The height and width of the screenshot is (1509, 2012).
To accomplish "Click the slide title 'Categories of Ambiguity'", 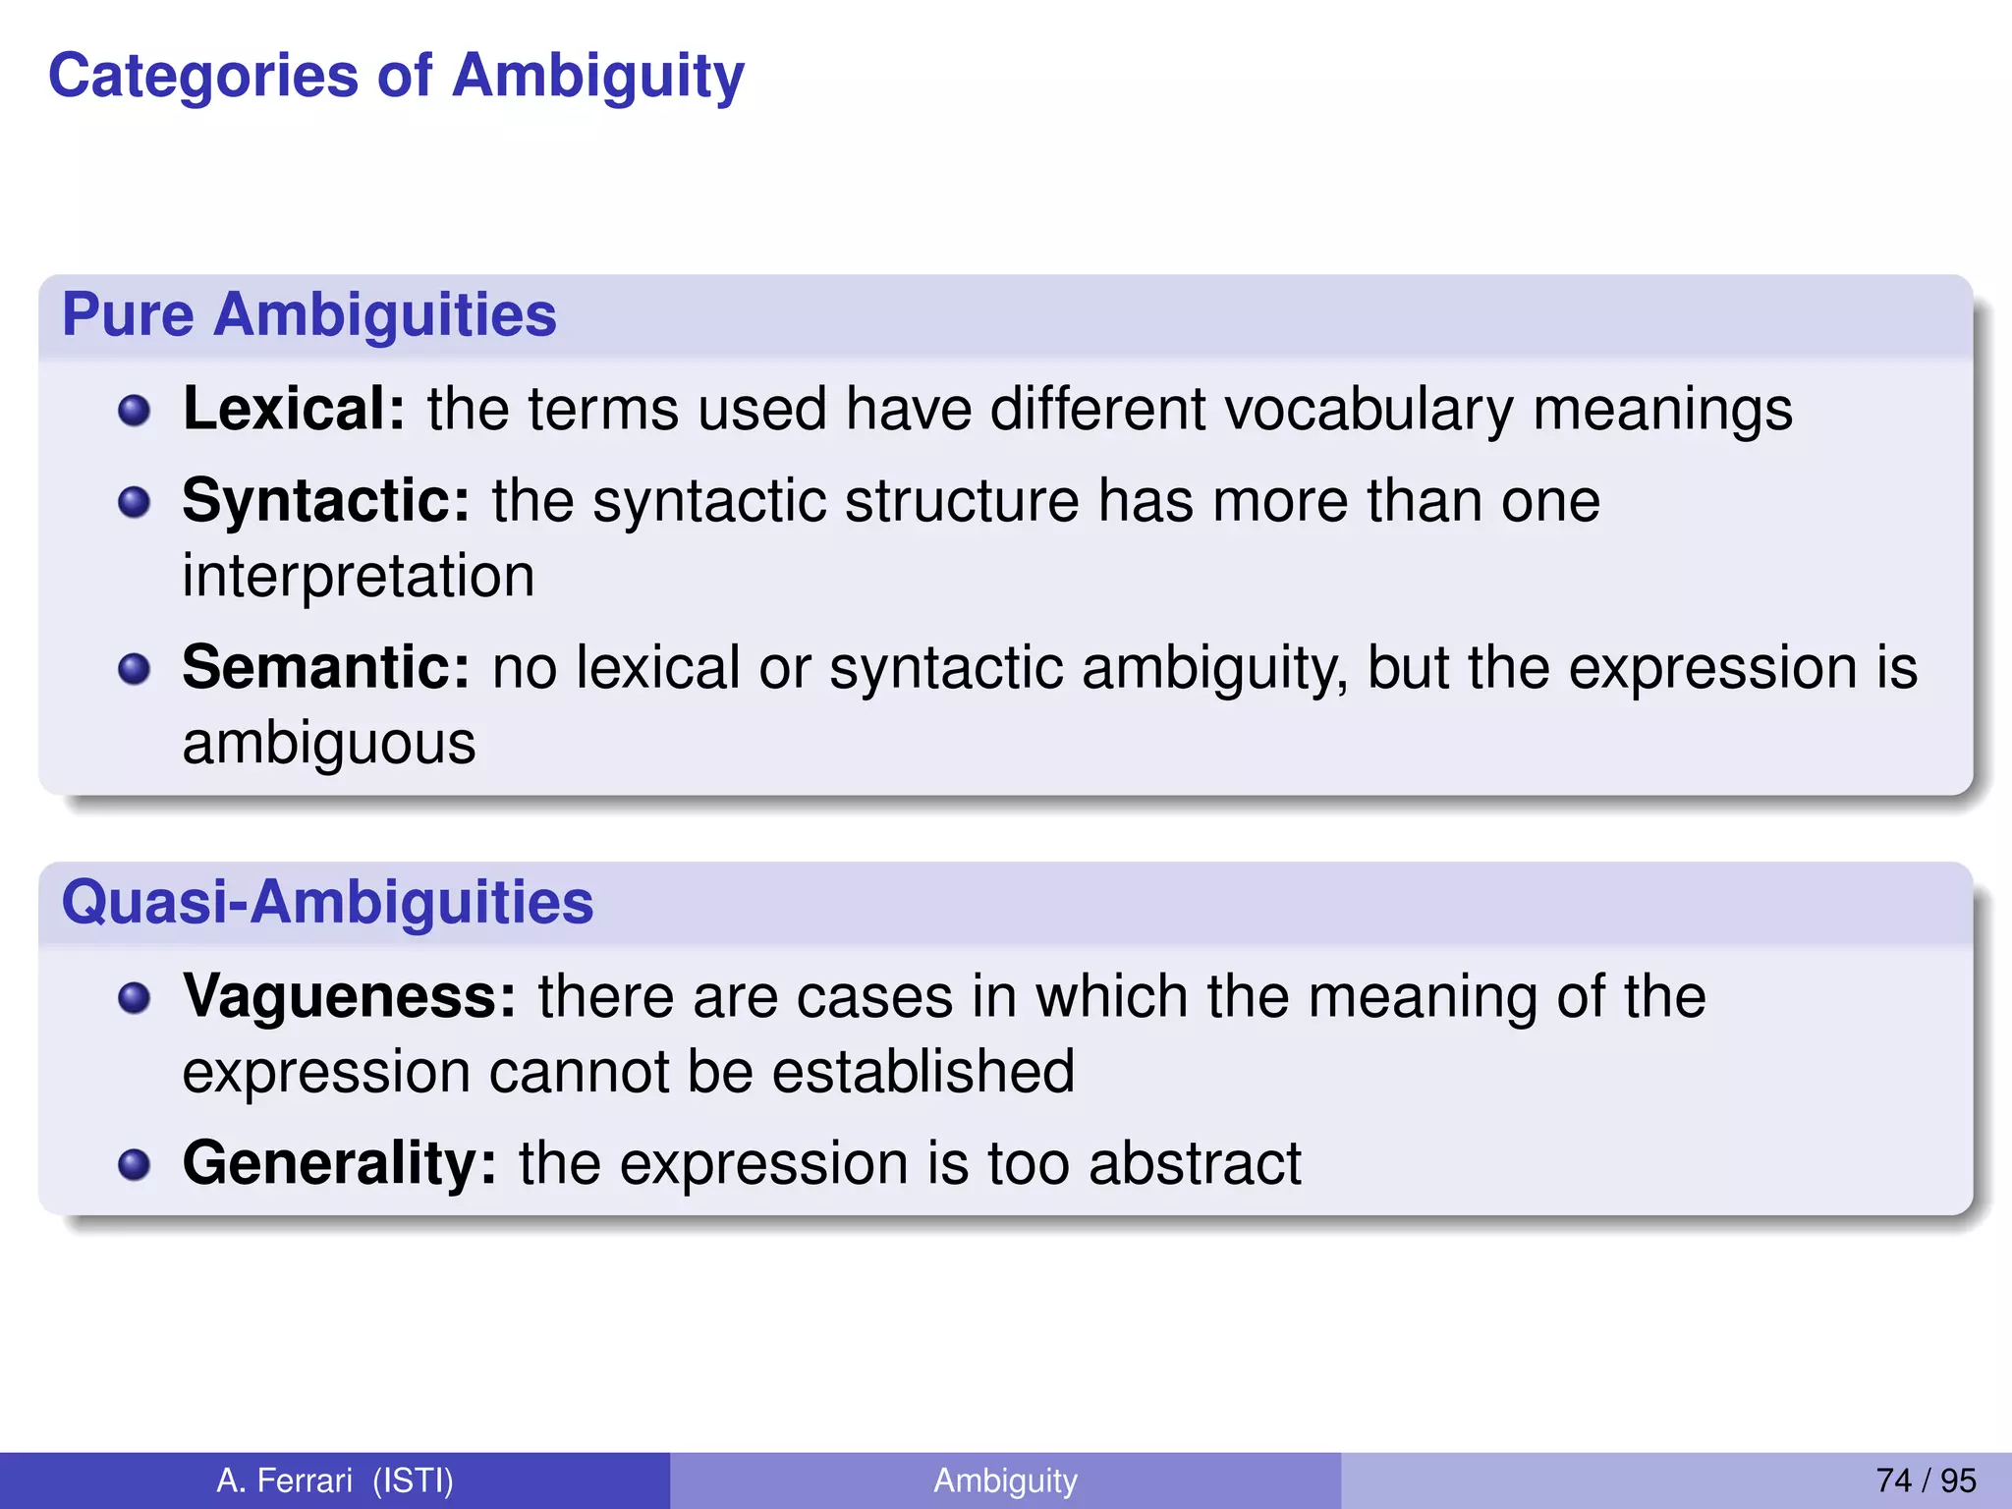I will [396, 77].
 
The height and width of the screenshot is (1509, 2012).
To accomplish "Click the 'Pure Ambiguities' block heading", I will [309, 315].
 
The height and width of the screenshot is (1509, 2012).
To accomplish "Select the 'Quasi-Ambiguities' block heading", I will [327, 902].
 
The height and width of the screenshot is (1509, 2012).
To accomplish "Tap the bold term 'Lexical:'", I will [294, 409].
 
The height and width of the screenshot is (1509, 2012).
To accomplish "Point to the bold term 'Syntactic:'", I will [326, 501].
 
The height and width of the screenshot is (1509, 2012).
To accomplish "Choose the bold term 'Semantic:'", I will [326, 668].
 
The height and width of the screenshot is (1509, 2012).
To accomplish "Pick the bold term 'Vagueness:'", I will [349, 996].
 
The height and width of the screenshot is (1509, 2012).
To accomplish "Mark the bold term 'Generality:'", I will [339, 1163].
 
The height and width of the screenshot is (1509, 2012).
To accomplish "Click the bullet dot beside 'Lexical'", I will [134, 411].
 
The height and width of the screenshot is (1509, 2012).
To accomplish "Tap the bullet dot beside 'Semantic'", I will [134, 670].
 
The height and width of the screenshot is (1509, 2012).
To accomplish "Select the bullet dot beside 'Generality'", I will [134, 1165].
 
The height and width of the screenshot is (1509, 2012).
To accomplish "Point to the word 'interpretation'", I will [359, 576].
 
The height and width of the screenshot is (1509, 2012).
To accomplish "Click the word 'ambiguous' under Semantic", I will [329, 744].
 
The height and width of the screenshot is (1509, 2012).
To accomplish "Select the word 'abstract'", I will [1195, 1164].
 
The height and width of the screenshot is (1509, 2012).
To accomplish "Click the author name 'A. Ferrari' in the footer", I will [284, 1481].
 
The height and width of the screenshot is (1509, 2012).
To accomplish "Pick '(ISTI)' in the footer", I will [413, 1481].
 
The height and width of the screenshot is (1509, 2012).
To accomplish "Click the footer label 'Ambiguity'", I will [1005, 1481].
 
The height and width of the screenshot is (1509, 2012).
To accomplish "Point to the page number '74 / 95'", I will [1926, 1481].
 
